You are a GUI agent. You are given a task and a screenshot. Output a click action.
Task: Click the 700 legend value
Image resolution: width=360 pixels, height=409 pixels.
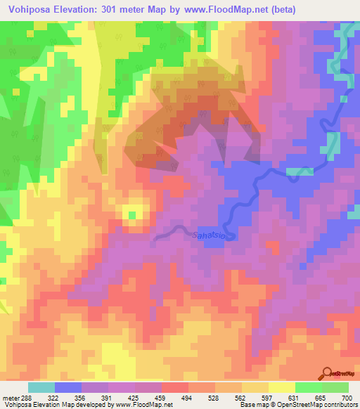tap(346, 398)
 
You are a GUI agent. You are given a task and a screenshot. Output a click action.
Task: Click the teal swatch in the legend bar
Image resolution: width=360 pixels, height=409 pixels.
tap(41, 387)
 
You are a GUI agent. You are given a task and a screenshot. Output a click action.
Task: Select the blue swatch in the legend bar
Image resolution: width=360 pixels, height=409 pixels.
tap(68, 387)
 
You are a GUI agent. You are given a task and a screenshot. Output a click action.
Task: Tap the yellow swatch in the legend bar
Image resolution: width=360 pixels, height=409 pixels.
tap(281, 387)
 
